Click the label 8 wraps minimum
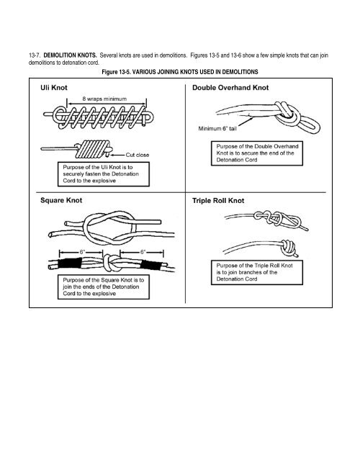point(91,98)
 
